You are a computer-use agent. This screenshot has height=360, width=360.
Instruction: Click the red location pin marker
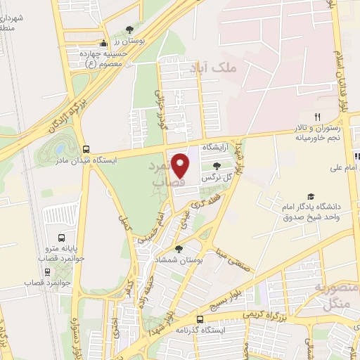coord(181,165)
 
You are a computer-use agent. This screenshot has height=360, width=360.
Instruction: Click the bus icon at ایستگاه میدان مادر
coord(86,149)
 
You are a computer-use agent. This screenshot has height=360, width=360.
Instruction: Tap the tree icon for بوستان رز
coord(129,29)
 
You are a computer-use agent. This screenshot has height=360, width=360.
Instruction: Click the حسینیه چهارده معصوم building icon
coord(104,44)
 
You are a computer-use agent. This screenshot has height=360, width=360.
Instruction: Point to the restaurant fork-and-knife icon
coord(317,117)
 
